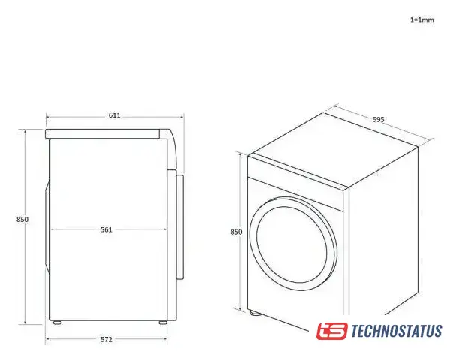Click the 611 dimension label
coord(114,115)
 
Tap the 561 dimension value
coord(106,229)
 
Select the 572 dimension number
coord(106,339)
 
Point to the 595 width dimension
coord(378,119)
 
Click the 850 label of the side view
coord(22,220)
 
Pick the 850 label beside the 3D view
coord(236,232)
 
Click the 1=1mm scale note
coord(421,19)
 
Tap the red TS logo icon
coord(332,331)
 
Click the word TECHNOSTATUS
coord(396,331)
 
